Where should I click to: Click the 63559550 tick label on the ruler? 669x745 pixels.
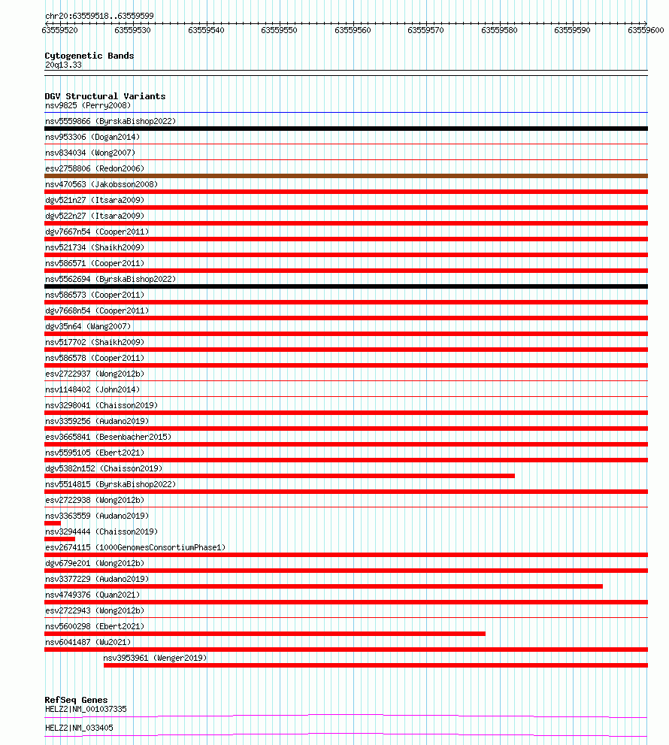pos(279,30)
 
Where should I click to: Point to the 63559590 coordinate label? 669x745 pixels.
pos(572,30)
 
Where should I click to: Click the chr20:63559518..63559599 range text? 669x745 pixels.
pos(99,15)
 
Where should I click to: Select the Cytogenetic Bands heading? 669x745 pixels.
pos(89,56)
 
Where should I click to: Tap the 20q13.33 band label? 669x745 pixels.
pos(63,65)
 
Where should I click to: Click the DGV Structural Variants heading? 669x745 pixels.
pos(104,96)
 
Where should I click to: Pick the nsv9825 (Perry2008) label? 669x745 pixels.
pos(87,105)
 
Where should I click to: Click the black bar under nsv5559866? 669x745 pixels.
pos(346,129)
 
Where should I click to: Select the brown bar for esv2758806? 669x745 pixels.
pos(346,176)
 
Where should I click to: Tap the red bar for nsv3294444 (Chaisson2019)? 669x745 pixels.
pos(59,539)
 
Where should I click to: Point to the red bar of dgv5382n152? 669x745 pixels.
pos(280,476)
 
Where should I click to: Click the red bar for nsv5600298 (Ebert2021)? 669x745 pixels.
pos(265,634)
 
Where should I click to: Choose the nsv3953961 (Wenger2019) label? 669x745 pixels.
pos(155,658)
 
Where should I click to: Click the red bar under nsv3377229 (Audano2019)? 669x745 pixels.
pos(323,586)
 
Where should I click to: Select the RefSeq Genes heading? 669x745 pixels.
pos(76,700)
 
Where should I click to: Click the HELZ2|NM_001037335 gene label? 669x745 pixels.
pos(86,709)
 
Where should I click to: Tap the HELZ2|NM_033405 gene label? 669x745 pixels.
pos(79,728)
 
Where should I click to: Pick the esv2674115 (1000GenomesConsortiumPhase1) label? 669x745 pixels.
pos(135,547)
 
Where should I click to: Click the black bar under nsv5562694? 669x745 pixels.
pos(346,286)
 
